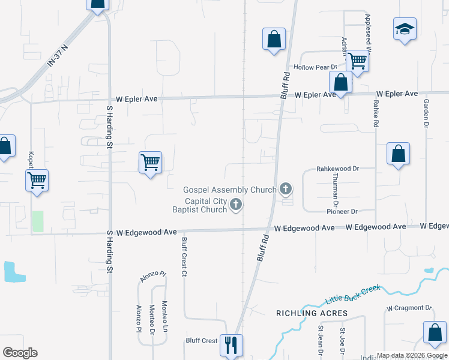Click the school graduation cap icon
[x=405, y=29]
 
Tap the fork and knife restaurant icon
[x=231, y=345]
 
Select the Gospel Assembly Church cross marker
[x=286, y=190]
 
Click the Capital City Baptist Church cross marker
[x=236, y=205]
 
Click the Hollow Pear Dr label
[x=312, y=67]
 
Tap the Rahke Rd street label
[x=376, y=113]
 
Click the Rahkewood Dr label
[x=337, y=169]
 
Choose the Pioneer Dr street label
[x=342, y=211]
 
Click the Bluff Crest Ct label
[x=184, y=257]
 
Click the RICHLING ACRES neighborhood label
[x=312, y=313]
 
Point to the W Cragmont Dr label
[x=409, y=308]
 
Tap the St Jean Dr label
[x=321, y=339]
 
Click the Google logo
[x=20, y=353]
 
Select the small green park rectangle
[x=37, y=221]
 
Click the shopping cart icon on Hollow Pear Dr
[x=357, y=60]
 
